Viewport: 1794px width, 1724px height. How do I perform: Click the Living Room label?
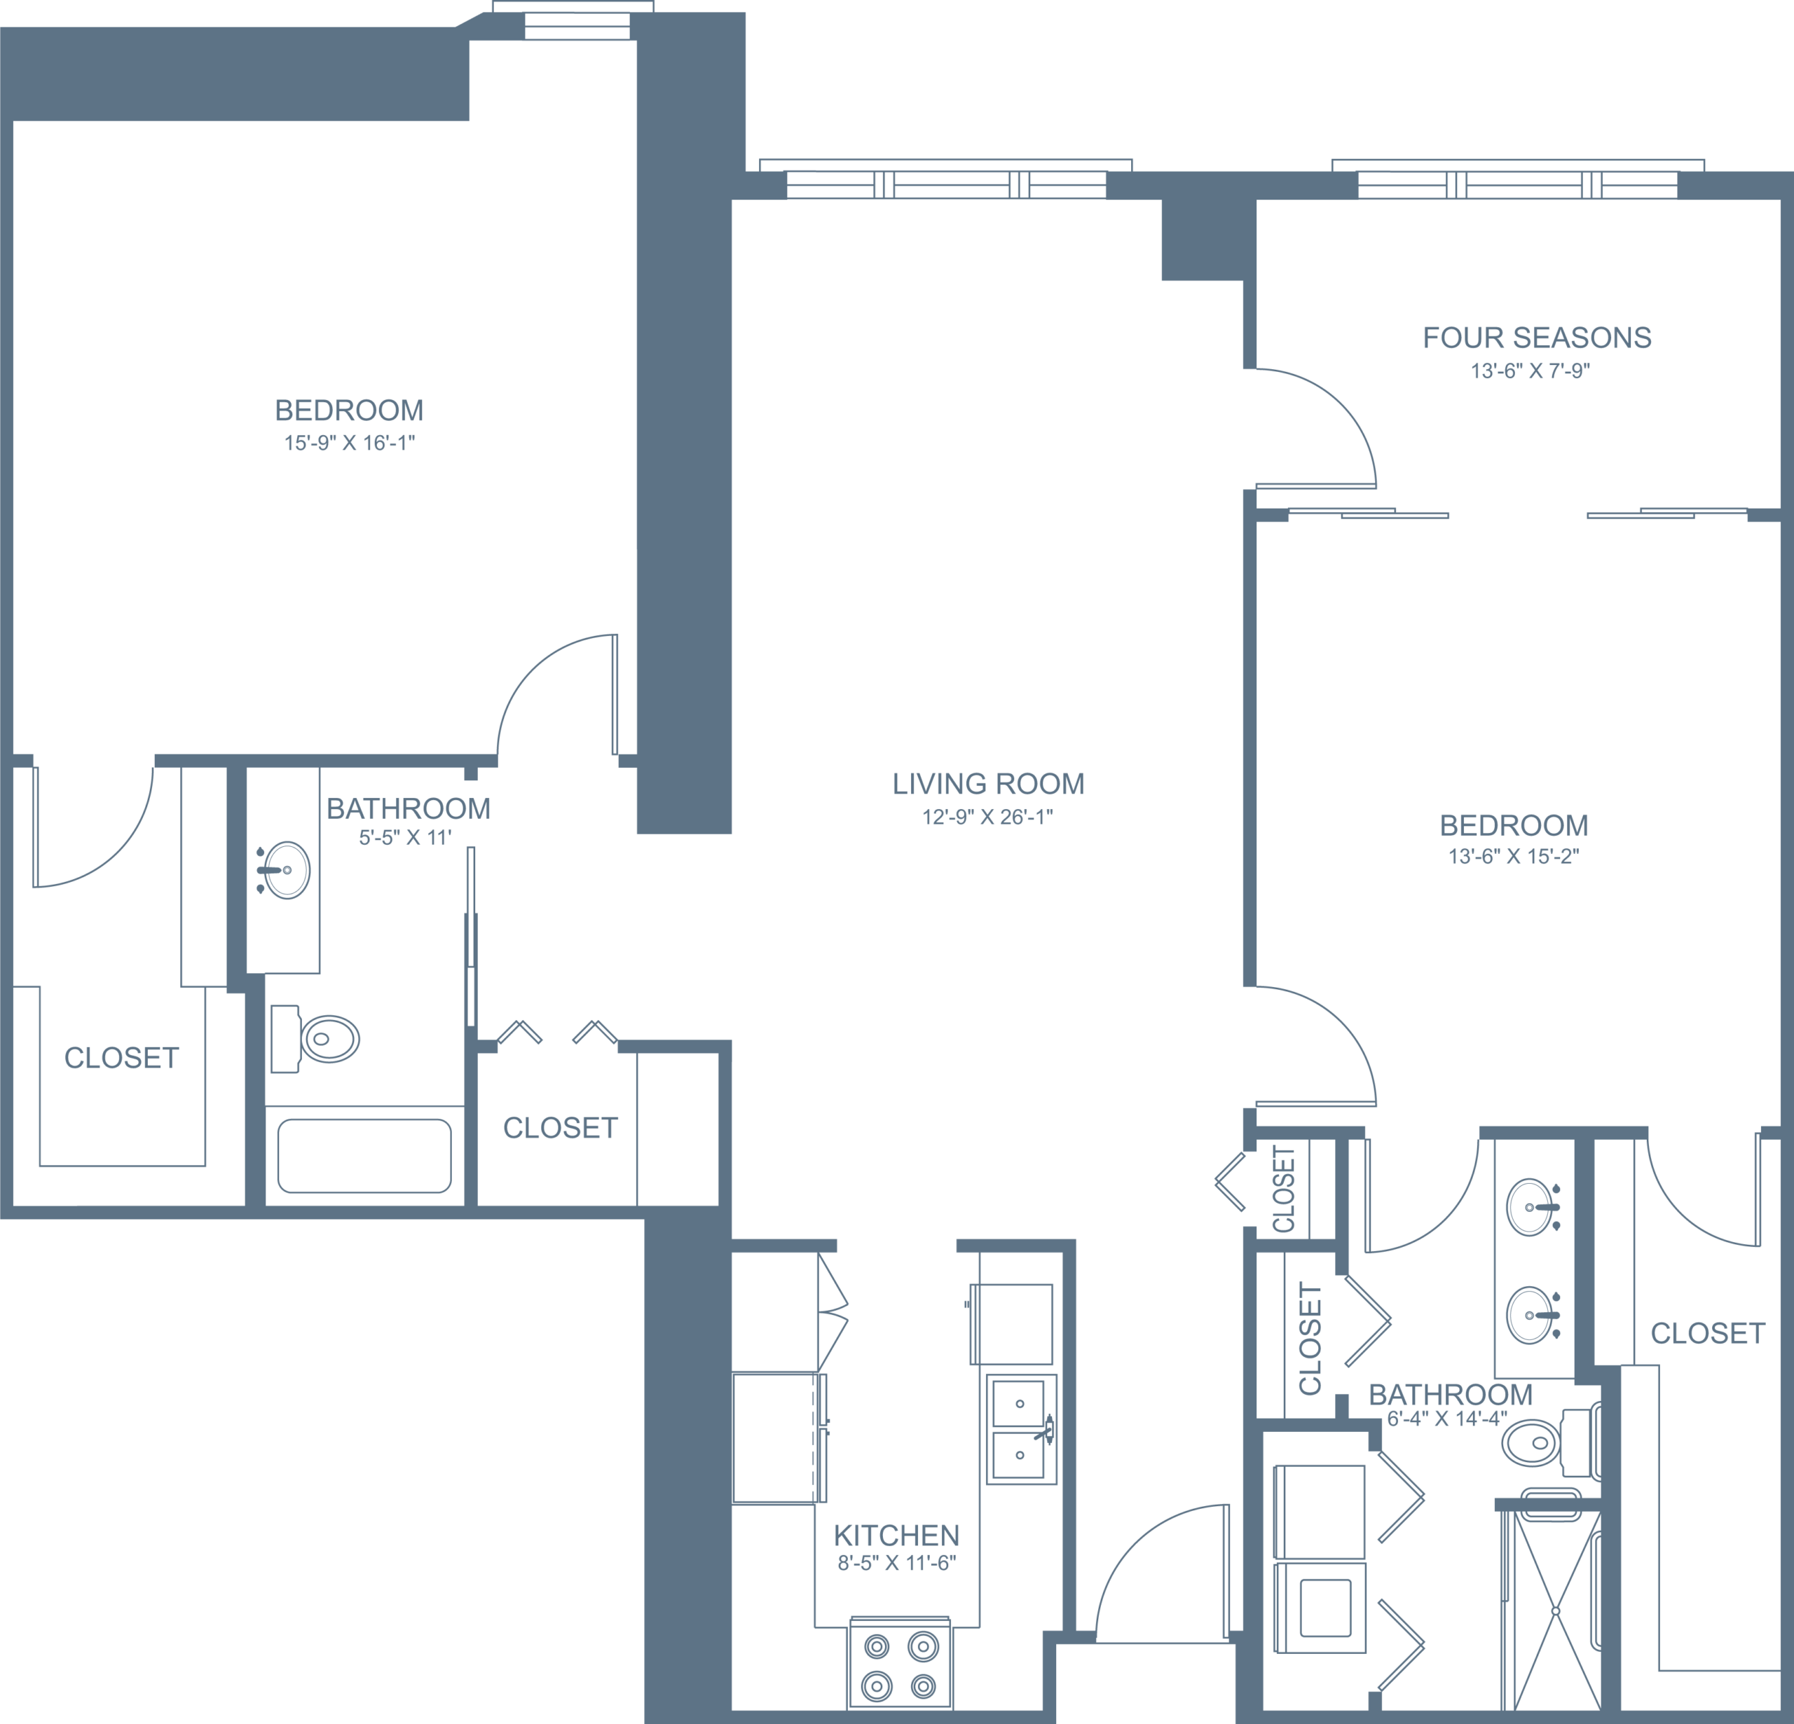pos(987,784)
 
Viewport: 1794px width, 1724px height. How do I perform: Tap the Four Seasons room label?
pos(1537,338)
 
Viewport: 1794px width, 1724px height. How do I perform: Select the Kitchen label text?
pos(896,1536)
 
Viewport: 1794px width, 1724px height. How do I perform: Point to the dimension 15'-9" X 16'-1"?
pos(349,443)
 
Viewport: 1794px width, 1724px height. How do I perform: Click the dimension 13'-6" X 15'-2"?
pos(1513,857)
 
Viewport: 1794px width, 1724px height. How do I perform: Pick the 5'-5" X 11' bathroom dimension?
pos(406,836)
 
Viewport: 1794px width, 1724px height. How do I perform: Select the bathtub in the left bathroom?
pos(364,1156)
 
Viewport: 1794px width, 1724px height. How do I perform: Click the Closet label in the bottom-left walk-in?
pos(121,1058)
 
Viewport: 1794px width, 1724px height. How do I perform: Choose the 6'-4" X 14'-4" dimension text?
pos(1446,1419)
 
